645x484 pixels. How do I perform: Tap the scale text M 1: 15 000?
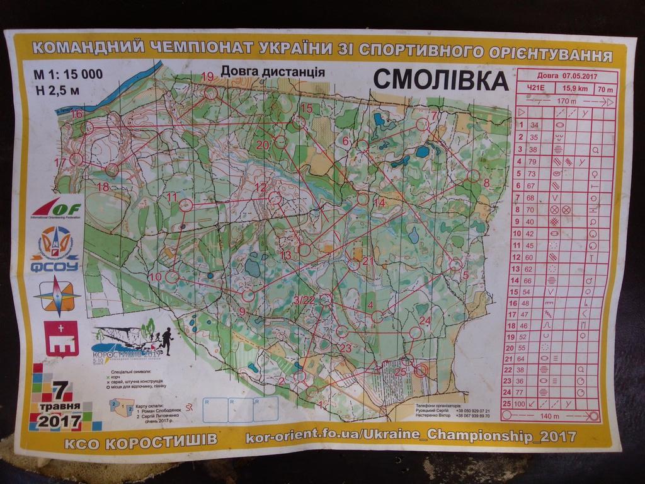69,74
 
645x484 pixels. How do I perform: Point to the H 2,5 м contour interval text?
57,89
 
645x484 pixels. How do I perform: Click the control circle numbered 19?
211,93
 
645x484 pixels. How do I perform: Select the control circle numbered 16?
87,127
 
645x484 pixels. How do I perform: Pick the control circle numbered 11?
186,205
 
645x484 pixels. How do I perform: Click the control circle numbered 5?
455,265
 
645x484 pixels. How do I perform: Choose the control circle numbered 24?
415,332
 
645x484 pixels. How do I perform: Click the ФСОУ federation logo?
55,249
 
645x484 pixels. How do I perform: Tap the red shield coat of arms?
61,338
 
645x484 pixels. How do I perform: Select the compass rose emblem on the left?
57,296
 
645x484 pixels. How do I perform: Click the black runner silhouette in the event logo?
166,339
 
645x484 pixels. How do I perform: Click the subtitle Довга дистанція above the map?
273,72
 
